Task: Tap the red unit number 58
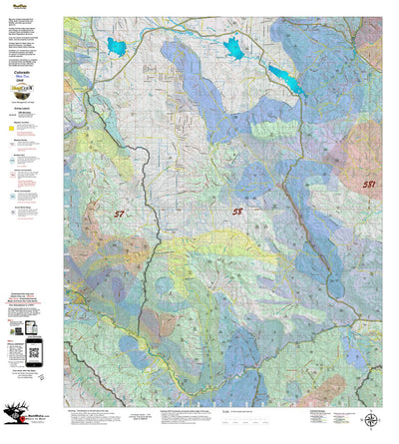click(237, 212)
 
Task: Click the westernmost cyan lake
click(117, 46)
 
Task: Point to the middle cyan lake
click(233, 49)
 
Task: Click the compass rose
click(369, 419)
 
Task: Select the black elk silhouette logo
click(17, 414)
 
